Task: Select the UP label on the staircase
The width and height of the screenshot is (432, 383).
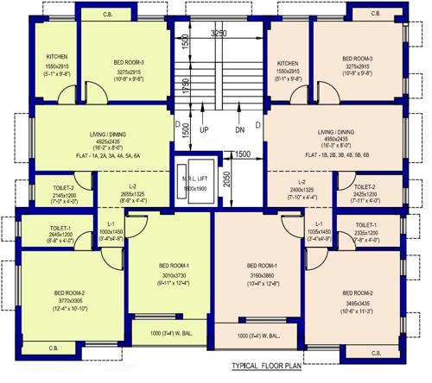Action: pos(205,130)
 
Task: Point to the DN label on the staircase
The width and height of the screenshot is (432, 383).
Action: pos(240,130)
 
